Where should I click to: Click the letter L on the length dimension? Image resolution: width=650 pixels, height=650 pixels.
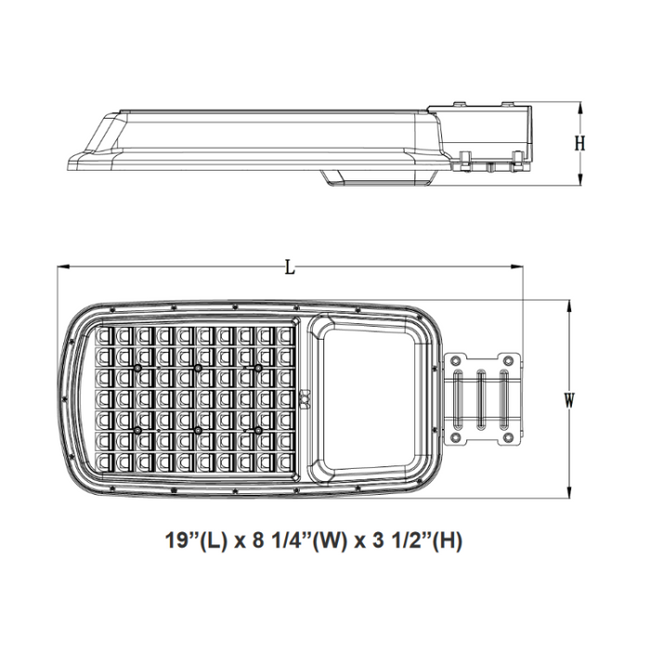[290, 267]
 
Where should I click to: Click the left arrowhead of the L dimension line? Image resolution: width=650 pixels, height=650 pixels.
[61, 267]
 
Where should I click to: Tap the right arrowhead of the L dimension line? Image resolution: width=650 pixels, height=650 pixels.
[518, 267]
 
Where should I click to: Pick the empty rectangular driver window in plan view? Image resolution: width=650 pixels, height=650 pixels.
[365, 399]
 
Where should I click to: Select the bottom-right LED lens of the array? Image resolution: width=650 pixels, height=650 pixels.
[285, 461]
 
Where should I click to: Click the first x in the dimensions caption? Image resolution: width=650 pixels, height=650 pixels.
[239, 540]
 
